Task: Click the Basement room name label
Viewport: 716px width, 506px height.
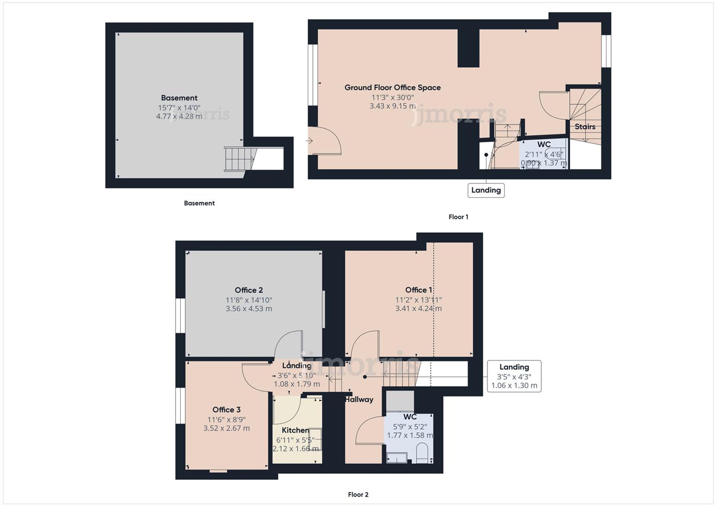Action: (179, 98)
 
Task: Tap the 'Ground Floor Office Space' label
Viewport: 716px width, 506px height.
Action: (392, 88)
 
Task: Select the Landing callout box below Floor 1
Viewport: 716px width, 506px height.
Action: (486, 190)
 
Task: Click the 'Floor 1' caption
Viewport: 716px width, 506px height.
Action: (458, 217)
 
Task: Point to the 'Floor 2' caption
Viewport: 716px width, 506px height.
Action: (358, 495)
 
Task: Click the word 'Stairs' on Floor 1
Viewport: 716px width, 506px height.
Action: (585, 127)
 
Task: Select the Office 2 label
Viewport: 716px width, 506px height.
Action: (249, 290)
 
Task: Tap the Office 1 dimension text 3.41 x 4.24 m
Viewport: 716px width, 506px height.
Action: (418, 308)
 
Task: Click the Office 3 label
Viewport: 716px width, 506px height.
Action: (226, 410)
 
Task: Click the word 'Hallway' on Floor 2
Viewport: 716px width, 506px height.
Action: (359, 399)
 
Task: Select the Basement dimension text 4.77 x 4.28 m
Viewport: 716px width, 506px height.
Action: (179, 116)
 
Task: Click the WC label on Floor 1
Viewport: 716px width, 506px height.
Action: (544, 144)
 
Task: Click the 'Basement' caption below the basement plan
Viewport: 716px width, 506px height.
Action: (199, 203)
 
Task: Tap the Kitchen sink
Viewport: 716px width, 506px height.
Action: (315, 439)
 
